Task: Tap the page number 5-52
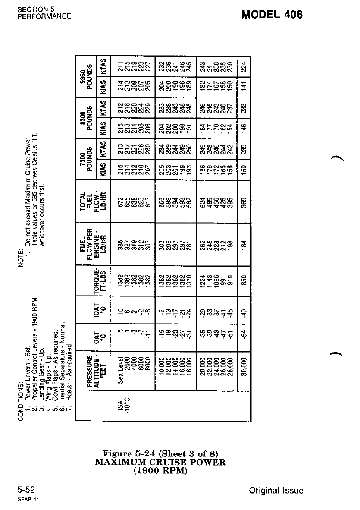pos(26,490)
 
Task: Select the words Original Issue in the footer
pos(276,491)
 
